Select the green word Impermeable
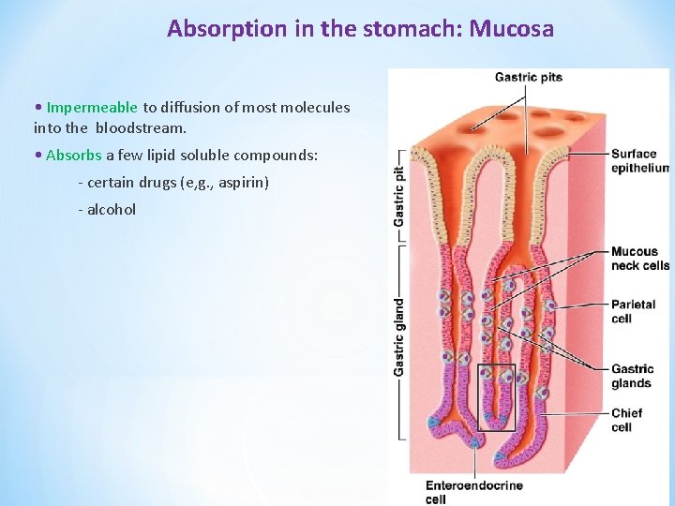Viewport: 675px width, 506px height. (92, 108)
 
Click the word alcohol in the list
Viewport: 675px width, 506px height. (112, 209)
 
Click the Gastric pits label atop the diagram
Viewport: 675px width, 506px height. (529, 77)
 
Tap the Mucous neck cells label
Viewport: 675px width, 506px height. (639, 259)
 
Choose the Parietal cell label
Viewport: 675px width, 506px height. (634, 311)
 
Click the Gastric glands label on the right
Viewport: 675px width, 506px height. (632, 376)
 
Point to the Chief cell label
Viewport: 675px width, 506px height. (626, 420)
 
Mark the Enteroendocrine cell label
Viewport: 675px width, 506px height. (473, 492)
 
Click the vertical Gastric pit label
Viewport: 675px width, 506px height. (399, 196)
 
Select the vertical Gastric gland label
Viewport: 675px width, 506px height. (399, 337)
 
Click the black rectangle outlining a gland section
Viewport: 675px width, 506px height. (497, 396)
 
